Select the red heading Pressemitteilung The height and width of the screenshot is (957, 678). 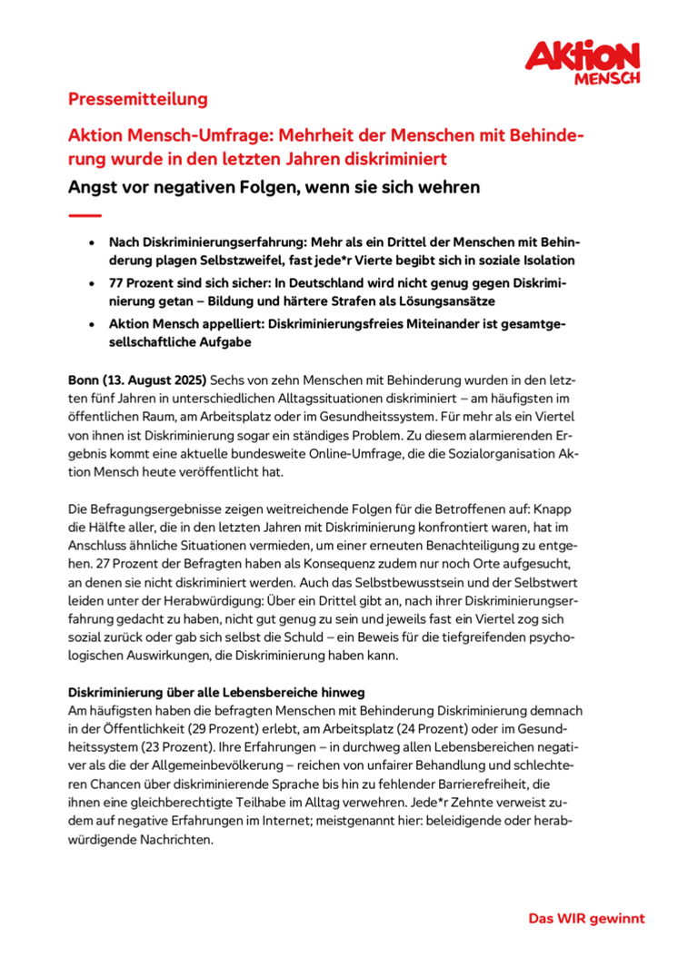pos(138,99)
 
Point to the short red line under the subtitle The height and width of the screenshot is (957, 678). pos(85,215)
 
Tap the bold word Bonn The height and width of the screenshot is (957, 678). pos(86,377)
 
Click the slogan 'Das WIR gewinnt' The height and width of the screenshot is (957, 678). pos(586,918)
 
